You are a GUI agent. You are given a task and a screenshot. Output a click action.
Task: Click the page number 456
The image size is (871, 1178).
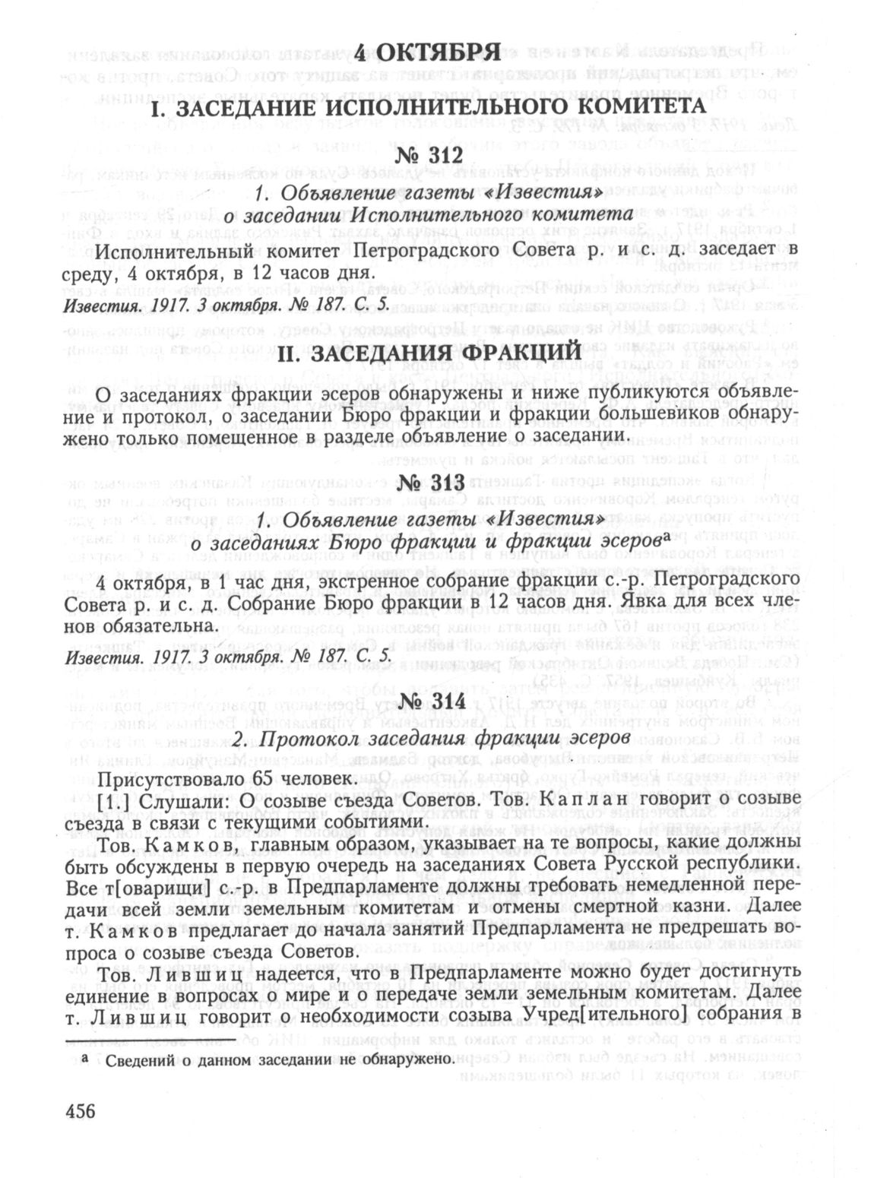(81, 1110)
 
